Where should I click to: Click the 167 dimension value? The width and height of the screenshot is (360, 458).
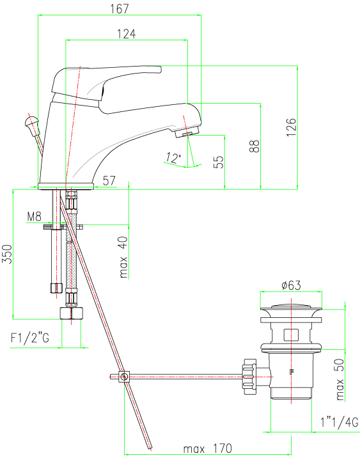click(x=120, y=8)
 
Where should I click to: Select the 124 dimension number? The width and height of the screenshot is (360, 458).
click(x=127, y=34)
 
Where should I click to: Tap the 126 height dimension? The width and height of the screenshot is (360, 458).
click(x=291, y=127)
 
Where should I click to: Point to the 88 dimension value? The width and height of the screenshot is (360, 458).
click(x=254, y=146)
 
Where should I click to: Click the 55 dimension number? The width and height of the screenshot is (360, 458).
click(x=219, y=162)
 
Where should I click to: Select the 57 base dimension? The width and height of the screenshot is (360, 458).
click(x=109, y=180)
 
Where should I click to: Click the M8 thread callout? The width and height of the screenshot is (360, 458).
click(x=34, y=216)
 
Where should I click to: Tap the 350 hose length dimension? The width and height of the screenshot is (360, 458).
click(x=7, y=254)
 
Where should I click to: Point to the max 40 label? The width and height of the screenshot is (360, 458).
click(x=123, y=257)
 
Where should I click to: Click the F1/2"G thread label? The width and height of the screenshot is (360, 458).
click(x=30, y=338)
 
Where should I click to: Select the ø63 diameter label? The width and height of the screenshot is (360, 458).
click(x=291, y=285)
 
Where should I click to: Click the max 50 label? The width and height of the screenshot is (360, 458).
click(x=340, y=379)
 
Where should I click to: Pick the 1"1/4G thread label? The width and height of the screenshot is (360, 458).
click(x=340, y=422)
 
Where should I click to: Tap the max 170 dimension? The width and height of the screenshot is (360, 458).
click(x=208, y=448)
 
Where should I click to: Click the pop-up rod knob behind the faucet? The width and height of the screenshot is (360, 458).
click(x=31, y=122)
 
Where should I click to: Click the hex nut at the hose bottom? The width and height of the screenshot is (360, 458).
click(x=71, y=313)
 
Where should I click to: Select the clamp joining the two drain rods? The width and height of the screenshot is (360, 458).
click(x=124, y=377)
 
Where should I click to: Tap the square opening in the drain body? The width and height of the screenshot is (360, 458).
click(x=291, y=335)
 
